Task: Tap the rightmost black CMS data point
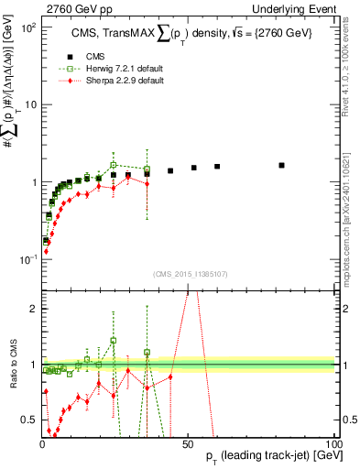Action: click(281, 166)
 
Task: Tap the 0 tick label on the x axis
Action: click(42, 444)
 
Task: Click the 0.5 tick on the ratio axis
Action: click(27, 420)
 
